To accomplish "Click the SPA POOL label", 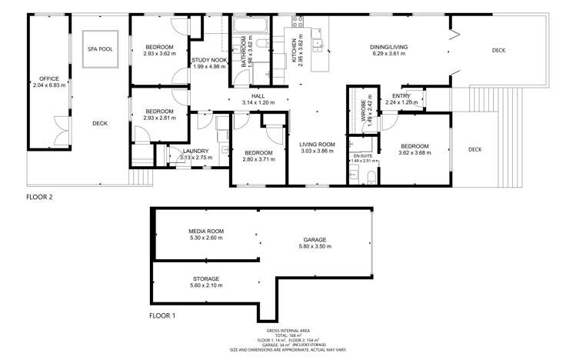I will [x=100, y=48].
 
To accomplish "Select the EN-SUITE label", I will [x=362, y=155].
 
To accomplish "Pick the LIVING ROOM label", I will [x=318, y=144].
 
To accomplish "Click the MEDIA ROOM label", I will [x=205, y=231].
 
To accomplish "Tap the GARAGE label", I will [x=316, y=239].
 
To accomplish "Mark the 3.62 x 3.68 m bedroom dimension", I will [x=415, y=152].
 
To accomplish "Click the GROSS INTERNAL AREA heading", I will [x=288, y=328].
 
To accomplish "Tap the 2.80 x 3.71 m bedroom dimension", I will [x=252, y=159].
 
